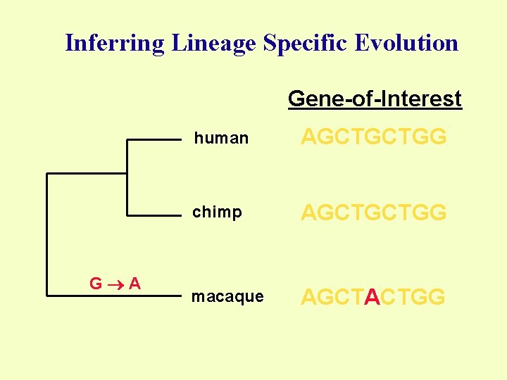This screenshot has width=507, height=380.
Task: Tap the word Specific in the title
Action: point(306,44)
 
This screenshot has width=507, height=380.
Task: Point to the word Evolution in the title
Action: point(406,43)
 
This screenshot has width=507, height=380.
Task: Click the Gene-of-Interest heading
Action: point(375,99)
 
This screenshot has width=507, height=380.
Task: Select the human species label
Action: point(221,139)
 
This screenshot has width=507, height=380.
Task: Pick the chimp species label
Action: point(218,213)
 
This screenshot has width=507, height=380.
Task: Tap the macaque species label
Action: point(227,297)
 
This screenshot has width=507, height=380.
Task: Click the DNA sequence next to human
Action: point(373,137)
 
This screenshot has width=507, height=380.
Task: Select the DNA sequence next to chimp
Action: point(373,212)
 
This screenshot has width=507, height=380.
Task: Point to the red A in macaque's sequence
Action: point(373,298)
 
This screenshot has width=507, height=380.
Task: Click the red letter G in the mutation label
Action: point(95,284)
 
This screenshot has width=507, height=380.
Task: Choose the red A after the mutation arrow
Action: point(134,284)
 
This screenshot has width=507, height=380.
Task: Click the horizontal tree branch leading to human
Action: point(154,140)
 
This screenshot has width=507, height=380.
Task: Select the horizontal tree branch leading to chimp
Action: point(154,214)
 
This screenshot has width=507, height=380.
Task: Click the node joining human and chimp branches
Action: point(126,173)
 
